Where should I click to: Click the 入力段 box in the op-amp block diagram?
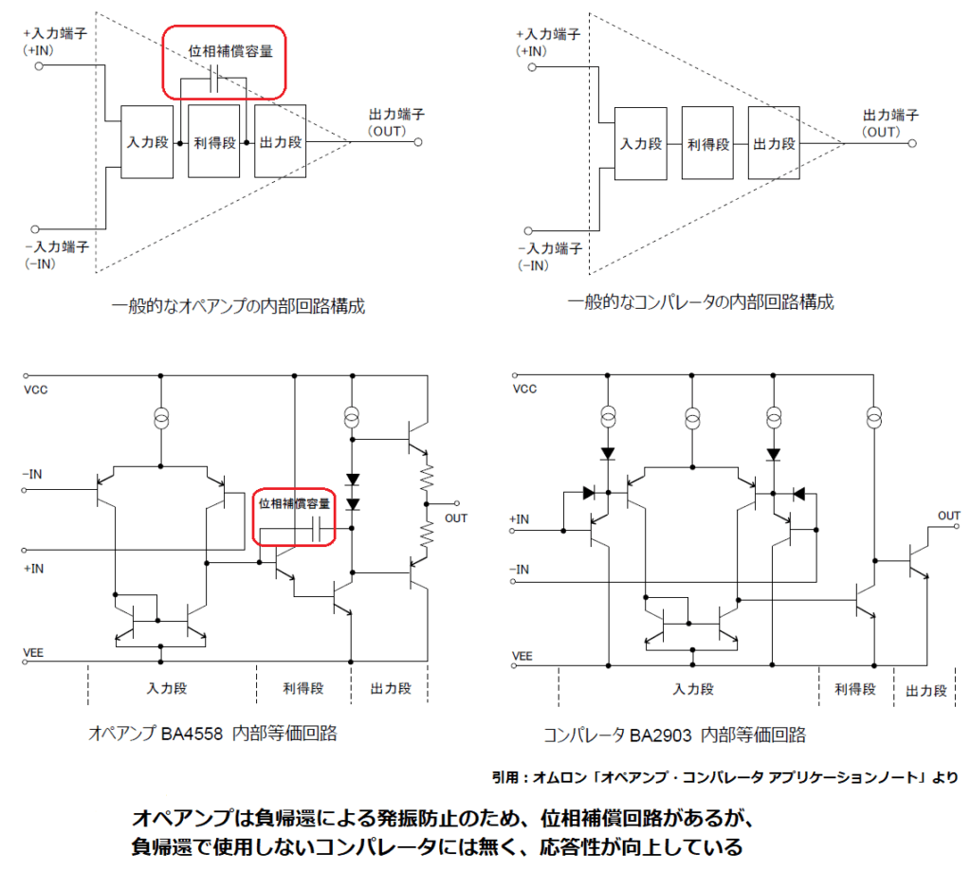[x=147, y=142]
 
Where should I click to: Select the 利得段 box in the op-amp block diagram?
[x=214, y=142]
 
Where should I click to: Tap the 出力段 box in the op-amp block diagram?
[x=280, y=142]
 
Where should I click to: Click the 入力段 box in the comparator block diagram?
[x=641, y=144]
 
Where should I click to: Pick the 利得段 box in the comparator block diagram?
[x=707, y=144]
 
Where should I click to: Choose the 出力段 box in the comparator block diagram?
[x=773, y=144]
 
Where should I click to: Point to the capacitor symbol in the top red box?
[x=214, y=82]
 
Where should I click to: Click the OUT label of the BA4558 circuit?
[x=456, y=518]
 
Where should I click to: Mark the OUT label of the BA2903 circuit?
[x=949, y=516]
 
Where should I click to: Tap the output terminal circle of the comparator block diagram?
[x=911, y=144]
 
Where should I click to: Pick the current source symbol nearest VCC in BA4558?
[x=161, y=418]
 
